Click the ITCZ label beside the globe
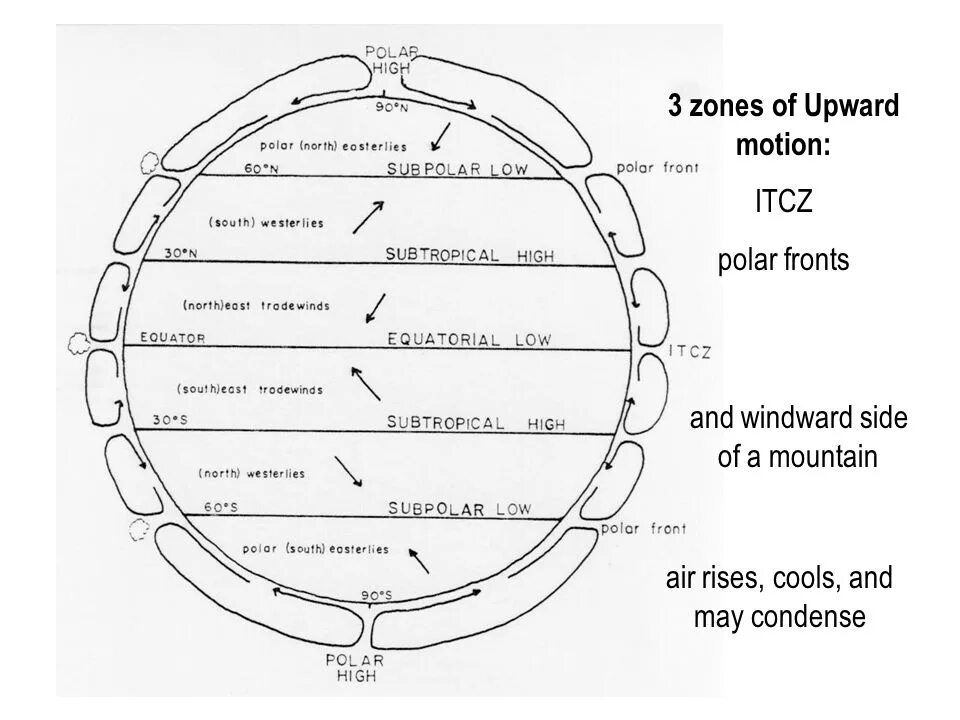point(689,351)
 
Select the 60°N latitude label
point(261,169)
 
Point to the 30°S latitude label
point(170,420)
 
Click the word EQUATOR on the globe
point(173,337)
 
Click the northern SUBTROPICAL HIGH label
point(469,255)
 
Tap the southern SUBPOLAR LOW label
point(459,509)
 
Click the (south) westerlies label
point(267,222)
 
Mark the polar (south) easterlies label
point(315,549)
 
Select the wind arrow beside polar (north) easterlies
point(441,136)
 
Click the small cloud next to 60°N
point(150,160)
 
